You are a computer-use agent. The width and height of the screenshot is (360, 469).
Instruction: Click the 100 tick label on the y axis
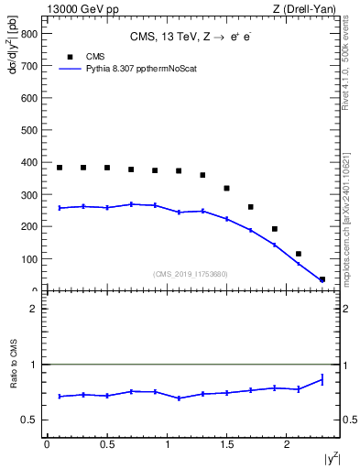(x=29, y=259)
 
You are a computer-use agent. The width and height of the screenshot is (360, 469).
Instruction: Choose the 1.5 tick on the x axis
(x=227, y=444)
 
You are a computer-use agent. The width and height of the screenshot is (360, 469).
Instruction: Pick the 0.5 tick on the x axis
(x=107, y=444)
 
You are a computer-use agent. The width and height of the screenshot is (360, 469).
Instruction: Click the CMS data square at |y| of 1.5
(x=226, y=188)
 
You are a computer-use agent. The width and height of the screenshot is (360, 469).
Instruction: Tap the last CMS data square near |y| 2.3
(x=322, y=279)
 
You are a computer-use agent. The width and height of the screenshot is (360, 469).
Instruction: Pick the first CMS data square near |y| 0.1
(x=60, y=168)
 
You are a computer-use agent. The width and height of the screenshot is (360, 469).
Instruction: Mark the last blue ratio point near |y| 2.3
(x=322, y=379)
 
